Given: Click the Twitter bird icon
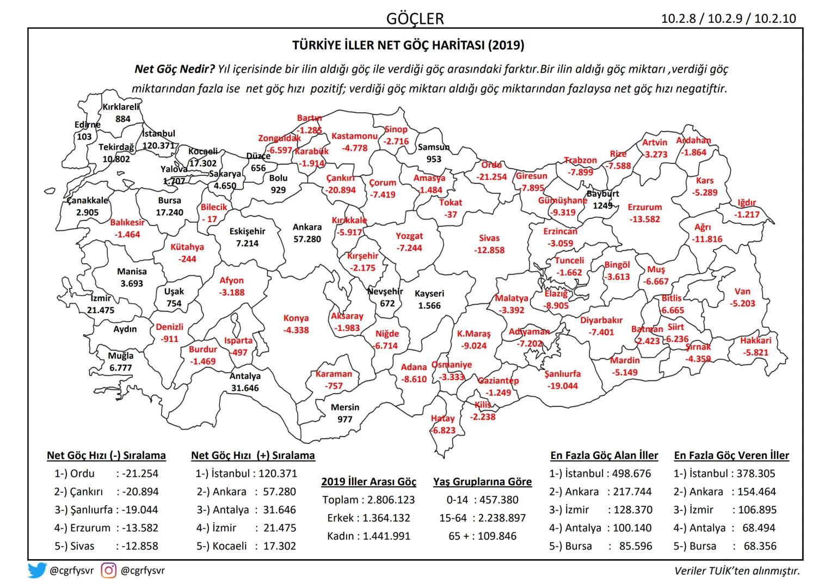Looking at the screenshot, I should [38, 571].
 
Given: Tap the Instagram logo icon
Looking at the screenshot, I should [109, 571].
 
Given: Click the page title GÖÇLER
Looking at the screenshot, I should [415, 18].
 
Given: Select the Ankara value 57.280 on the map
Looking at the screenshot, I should [307, 238].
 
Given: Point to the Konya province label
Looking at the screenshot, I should [296, 318].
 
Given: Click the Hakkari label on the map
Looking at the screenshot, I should [755, 341].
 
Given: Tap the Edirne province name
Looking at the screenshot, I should [87, 125].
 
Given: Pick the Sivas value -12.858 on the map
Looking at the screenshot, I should [489, 250].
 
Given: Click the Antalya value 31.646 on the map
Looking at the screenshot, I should [244, 388].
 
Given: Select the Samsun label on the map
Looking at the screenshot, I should [434, 147].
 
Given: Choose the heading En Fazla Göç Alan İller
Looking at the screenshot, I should [604, 455].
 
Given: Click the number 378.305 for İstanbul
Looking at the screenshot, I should [756, 474].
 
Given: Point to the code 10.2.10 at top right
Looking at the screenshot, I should [775, 19].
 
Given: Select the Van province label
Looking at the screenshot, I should [742, 291].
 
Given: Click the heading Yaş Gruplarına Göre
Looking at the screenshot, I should [482, 481].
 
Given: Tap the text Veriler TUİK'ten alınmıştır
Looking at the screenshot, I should [737, 571].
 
